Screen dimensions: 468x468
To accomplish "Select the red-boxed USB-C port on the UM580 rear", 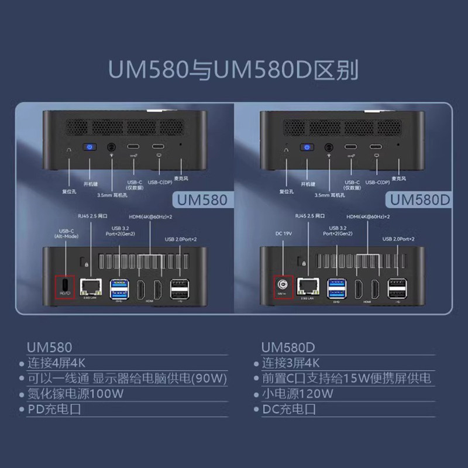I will tap(65, 287).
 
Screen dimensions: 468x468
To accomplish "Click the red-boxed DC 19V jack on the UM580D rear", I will tap(283, 287).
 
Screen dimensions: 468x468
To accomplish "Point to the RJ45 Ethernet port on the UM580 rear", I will tap(89, 287).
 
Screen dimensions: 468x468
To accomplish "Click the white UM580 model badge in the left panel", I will tap(199, 199).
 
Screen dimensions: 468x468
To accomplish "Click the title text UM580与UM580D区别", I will tap(233, 70).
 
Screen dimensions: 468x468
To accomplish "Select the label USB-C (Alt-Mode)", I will tap(66, 233).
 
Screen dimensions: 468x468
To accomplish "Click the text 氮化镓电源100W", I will tap(76, 394).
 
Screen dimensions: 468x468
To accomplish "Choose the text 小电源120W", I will tap(298, 394).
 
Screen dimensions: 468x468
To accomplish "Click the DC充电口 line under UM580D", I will tap(289, 409).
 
